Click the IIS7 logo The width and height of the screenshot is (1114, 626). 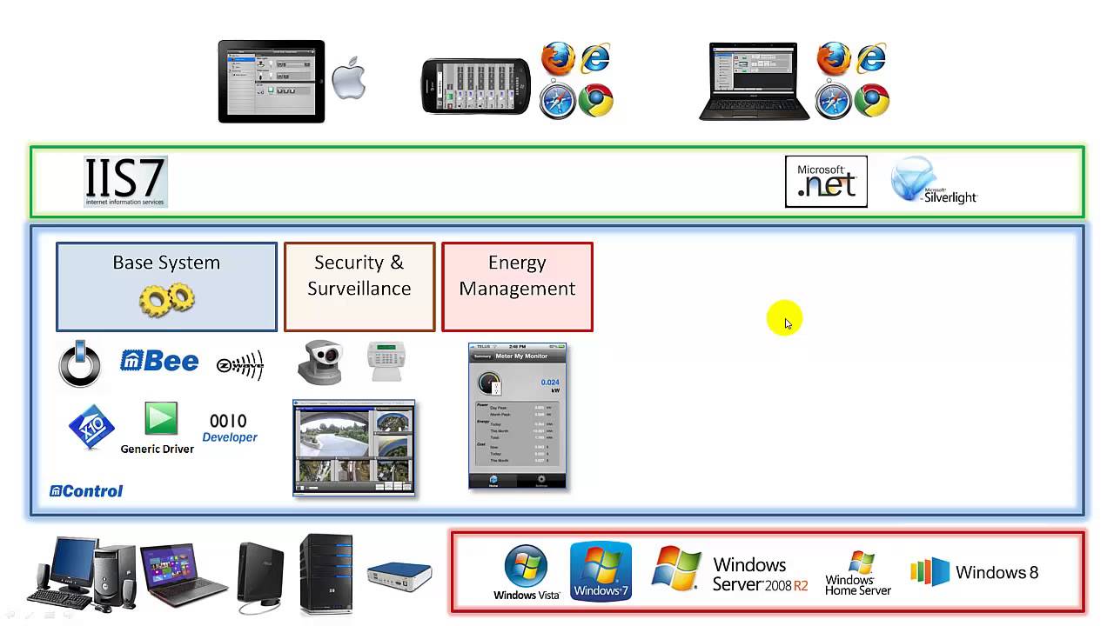click(x=125, y=181)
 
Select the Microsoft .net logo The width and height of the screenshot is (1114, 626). click(x=826, y=181)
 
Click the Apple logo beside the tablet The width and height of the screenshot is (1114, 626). click(x=349, y=80)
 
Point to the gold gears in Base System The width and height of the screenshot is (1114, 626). click(x=166, y=299)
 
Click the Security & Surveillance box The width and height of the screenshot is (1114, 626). click(x=359, y=286)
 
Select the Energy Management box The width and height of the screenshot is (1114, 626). click(x=517, y=286)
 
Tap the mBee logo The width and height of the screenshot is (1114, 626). click(x=159, y=361)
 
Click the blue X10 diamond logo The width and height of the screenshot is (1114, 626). click(x=91, y=427)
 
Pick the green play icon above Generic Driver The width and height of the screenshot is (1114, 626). click(x=161, y=418)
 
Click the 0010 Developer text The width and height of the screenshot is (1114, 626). click(x=229, y=428)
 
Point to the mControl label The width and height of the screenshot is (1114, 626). click(x=86, y=491)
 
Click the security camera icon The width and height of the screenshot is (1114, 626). click(x=319, y=363)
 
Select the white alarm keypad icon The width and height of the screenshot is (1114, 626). click(x=386, y=361)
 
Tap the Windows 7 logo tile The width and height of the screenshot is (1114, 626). click(x=601, y=571)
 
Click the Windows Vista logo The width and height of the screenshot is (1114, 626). click(x=527, y=572)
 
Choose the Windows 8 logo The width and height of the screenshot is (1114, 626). click(x=974, y=572)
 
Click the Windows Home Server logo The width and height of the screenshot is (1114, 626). click(x=858, y=573)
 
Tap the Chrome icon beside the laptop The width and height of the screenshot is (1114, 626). click(x=871, y=101)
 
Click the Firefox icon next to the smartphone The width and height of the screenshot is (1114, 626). click(x=559, y=59)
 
